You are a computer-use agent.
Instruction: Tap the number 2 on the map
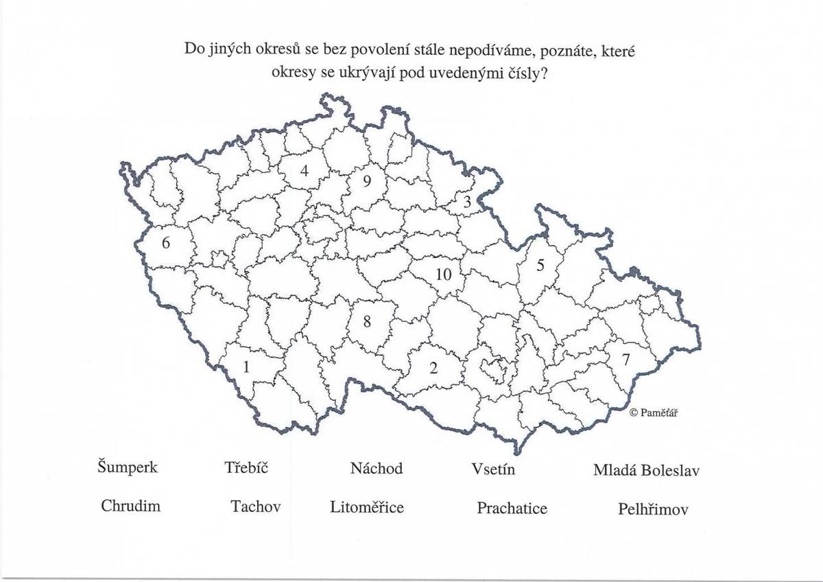[433, 368]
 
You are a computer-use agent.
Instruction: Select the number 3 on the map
[467, 202]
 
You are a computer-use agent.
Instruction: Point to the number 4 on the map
[304, 172]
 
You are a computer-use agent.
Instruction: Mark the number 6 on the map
[165, 243]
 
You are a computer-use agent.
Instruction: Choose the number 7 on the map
[625, 359]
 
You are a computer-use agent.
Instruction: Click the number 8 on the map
[367, 321]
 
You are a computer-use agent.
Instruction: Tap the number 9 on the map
[367, 181]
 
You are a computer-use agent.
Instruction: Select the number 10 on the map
[443, 275]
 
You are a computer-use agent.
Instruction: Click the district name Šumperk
[128, 468]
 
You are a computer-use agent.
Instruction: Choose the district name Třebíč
[246, 468]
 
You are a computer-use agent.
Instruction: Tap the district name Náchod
[376, 469]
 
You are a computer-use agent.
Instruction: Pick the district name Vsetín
[493, 469]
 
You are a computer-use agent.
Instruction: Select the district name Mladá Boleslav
[646, 471]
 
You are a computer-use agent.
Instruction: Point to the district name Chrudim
[130, 507]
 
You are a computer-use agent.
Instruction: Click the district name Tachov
[256, 507]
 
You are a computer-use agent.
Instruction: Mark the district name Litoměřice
[367, 508]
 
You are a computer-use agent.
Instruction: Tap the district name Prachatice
[512, 509]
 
